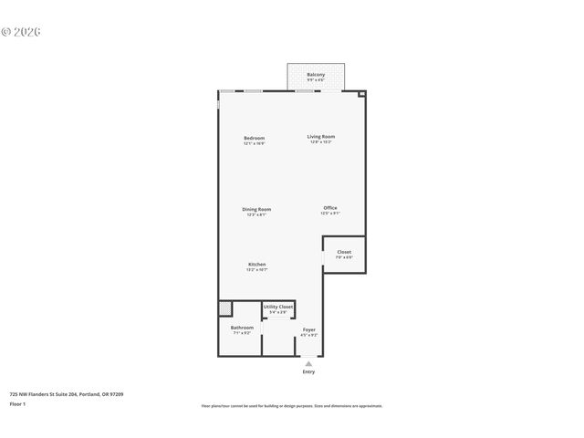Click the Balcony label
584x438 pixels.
coord(316,74)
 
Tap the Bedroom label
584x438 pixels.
coord(254,138)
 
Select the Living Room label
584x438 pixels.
coord(320,137)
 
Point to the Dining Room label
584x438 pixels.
coord(256,209)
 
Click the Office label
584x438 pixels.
coord(330,208)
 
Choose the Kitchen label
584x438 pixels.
coord(256,265)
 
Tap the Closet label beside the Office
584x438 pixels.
coord(344,252)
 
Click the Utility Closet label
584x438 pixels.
coord(278,307)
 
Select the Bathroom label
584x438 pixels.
coord(242,328)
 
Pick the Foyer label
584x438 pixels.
coord(309,329)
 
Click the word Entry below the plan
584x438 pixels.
coord(308,372)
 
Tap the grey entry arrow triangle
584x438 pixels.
coord(308,363)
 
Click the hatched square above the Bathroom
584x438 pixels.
coord(224,308)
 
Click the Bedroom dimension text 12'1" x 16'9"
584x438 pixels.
coord(254,143)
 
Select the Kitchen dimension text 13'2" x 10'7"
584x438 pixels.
coord(256,270)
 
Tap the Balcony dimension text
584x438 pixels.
coord(316,80)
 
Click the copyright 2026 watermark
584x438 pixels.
coord(21,32)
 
